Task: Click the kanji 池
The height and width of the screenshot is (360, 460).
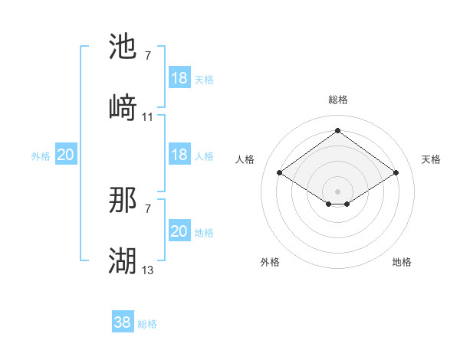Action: point(123,47)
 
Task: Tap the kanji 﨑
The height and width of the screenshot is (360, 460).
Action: point(123,107)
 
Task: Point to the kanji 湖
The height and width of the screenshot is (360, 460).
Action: point(123,260)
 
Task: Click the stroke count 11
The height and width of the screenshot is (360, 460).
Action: point(148,117)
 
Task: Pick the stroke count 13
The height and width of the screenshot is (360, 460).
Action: point(148,270)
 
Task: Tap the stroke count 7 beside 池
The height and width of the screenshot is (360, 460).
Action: point(148,56)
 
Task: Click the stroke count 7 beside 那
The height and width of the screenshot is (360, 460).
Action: point(148,208)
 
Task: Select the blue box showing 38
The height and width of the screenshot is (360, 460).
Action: point(123,323)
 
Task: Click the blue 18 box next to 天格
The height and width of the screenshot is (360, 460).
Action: point(179,78)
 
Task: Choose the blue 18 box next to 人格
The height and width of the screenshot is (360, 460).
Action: point(179,155)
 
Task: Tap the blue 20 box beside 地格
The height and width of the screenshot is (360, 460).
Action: point(179,231)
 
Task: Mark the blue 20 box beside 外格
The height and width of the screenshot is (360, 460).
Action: point(66,155)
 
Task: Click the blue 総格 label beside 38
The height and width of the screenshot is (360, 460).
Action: point(147,325)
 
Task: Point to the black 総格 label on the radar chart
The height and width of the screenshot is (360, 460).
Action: point(338,100)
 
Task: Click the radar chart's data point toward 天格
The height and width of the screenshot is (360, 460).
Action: point(396,173)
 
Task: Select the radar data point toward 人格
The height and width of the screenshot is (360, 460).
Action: point(280,173)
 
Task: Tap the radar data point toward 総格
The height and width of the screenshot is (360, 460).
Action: point(337,131)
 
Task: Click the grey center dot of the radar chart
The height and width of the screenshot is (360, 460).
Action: point(337,189)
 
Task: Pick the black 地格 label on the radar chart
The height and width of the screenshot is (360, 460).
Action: point(402,262)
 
